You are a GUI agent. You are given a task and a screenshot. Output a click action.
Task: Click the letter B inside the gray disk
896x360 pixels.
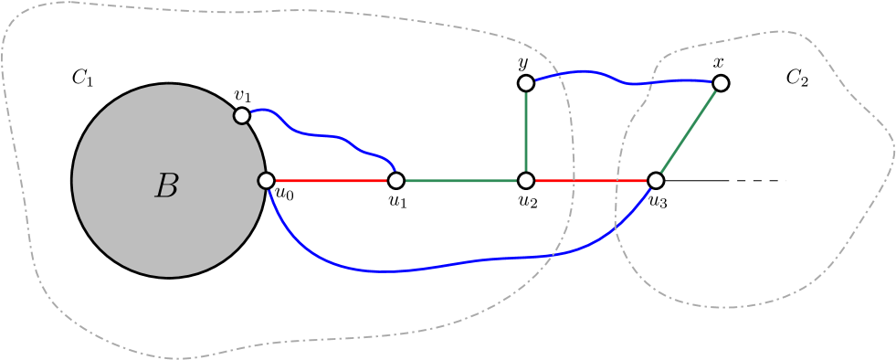pyautogui.click(x=166, y=186)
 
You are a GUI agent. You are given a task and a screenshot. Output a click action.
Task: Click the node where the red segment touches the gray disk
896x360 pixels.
pyautogui.click(x=266, y=181)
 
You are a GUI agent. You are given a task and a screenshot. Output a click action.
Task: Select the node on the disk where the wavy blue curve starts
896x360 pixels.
pyautogui.click(x=242, y=115)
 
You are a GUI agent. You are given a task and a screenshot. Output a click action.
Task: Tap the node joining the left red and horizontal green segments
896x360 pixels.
pyautogui.click(x=395, y=181)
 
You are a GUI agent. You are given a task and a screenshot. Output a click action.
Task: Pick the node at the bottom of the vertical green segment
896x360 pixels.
pyautogui.click(x=526, y=181)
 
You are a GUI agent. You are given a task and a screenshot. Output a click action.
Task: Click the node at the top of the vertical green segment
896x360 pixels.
pyautogui.click(x=526, y=83)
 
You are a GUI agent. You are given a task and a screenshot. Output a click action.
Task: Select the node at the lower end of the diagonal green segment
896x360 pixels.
pyautogui.click(x=656, y=181)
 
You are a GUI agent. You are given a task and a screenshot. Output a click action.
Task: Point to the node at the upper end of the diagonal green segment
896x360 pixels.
pyautogui.click(x=721, y=83)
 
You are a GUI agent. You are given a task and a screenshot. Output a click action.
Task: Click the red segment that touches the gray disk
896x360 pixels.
pyautogui.click(x=331, y=181)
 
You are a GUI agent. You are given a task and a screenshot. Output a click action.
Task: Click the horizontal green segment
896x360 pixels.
pyautogui.click(x=461, y=181)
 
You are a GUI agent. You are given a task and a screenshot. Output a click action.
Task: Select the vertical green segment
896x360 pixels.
pyautogui.click(x=526, y=132)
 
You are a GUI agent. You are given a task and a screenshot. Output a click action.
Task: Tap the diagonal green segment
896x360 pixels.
pyautogui.click(x=688, y=132)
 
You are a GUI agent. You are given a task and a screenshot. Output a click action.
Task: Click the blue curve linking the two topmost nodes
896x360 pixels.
pyautogui.click(x=621, y=80)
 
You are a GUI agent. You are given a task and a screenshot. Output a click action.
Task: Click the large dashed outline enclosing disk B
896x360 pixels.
pyautogui.click(x=274, y=13)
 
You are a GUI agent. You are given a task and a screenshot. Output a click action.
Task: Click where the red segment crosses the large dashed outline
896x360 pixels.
pyautogui.click(x=574, y=181)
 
